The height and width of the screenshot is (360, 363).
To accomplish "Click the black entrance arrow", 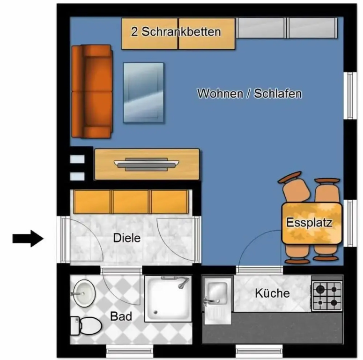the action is (28, 239).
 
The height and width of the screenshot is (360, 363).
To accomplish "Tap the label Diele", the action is (127, 238).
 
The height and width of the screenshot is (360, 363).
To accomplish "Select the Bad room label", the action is (121, 316).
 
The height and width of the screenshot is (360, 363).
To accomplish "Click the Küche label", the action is (272, 293).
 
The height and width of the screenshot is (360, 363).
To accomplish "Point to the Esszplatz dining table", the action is (311, 223).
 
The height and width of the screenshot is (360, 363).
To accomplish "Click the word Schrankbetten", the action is (181, 31).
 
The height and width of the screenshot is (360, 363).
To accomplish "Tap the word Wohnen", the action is (220, 94).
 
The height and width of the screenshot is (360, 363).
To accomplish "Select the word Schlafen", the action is (278, 94).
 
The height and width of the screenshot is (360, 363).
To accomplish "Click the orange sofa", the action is (92, 91).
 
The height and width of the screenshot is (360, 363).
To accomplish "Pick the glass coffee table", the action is (143, 92).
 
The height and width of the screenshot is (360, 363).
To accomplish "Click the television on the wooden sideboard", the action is (146, 164).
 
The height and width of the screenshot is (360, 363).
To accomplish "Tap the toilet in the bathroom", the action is (86, 326).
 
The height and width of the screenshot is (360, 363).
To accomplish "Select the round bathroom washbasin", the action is (84, 293).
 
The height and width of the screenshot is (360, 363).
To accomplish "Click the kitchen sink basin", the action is (218, 293).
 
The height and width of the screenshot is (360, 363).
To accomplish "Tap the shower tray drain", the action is (156, 313).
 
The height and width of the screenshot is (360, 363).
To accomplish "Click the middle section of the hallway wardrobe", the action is (131, 202).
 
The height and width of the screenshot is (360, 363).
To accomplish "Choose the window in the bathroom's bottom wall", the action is (130, 351).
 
